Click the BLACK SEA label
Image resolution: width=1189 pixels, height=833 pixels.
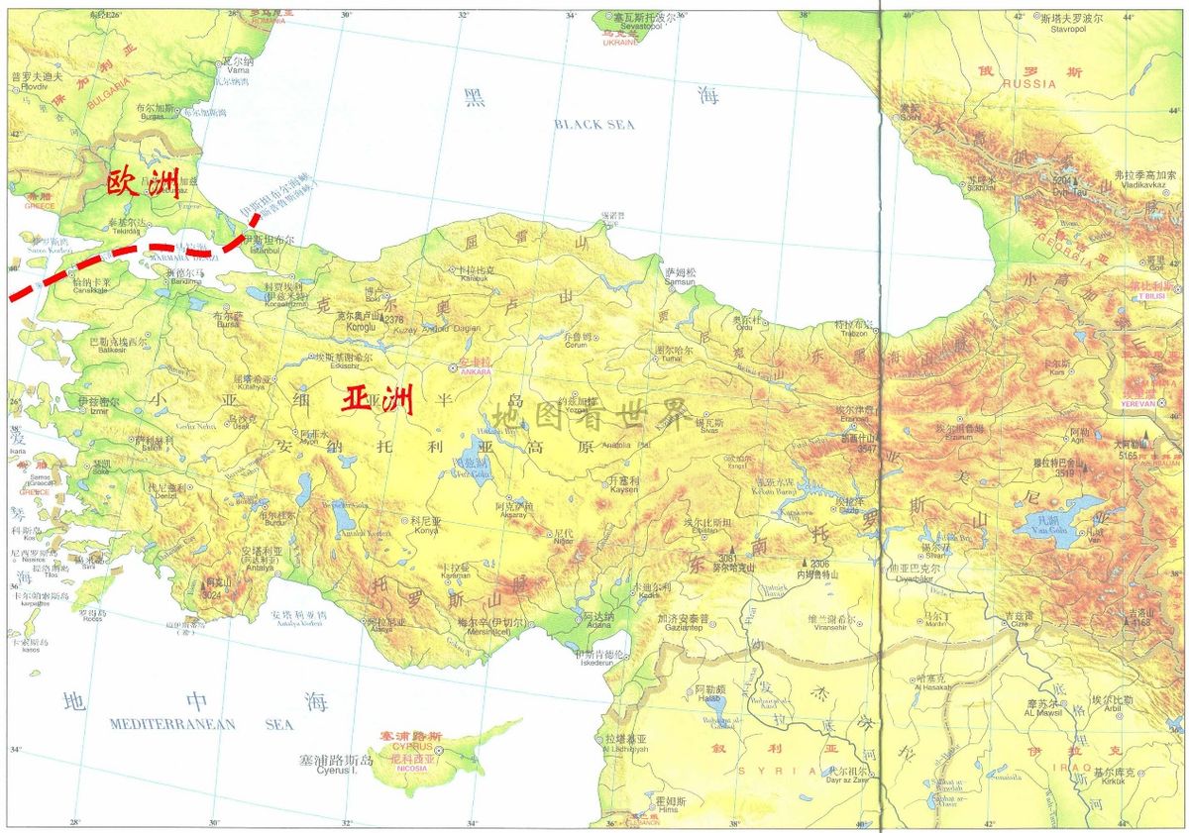(594, 125)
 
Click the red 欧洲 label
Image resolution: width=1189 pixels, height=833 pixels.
(143, 184)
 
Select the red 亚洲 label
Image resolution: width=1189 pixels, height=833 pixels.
(377, 399)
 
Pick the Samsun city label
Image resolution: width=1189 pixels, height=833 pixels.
(681, 282)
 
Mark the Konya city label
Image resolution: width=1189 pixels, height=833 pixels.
(425, 530)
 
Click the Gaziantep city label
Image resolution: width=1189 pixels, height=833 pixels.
(683, 629)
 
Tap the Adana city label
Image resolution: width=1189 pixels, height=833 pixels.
(597, 627)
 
